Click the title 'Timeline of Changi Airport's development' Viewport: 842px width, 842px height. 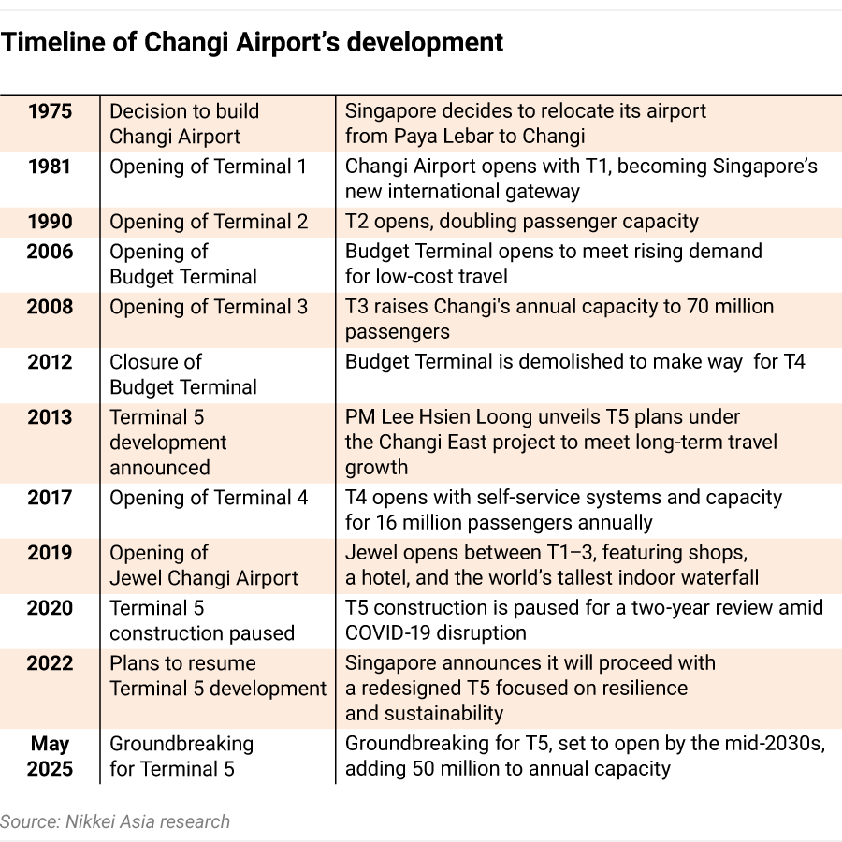[253, 42]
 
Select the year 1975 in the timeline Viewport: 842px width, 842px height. [50, 111]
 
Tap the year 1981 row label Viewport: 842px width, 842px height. [50, 167]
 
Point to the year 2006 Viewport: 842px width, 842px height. [50, 252]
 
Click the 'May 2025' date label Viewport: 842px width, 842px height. [50, 757]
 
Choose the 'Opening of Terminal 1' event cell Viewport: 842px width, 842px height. [208, 167]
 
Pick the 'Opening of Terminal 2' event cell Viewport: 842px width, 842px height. [209, 222]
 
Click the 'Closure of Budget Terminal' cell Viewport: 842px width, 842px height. [183, 374]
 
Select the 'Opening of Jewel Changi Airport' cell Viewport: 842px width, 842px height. [204, 565]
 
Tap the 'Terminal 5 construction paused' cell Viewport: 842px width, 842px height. [202, 620]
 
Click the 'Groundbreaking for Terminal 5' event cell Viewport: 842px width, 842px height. [181, 757]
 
